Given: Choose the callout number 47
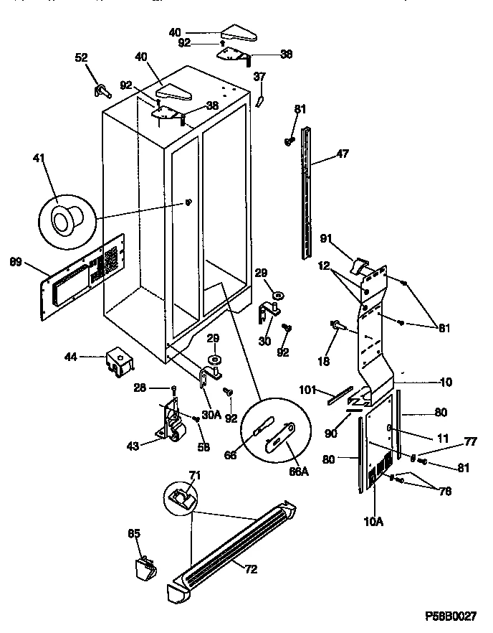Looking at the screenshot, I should tap(343, 153).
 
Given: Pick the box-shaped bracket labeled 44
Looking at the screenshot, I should tap(118, 362).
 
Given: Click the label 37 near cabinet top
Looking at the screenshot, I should tap(260, 76).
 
